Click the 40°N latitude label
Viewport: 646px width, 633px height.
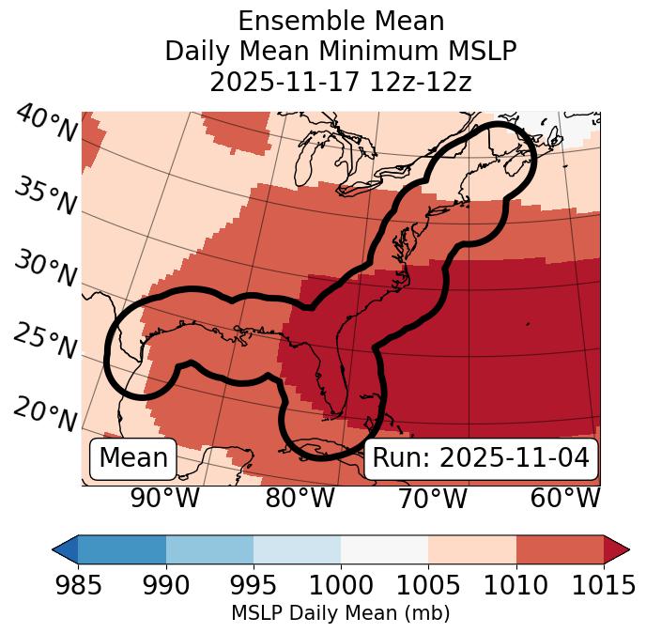click(x=46, y=124)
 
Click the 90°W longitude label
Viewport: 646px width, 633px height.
click(x=164, y=498)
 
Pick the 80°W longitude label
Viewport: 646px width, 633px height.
click(x=300, y=498)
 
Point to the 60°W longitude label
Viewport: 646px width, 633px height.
click(x=565, y=498)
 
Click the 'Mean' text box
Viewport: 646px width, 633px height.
click(x=133, y=458)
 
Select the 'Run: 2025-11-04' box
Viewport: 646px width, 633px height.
click(x=481, y=458)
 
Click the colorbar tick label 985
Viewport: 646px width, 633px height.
click(x=78, y=586)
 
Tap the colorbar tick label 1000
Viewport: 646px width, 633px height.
click(x=341, y=586)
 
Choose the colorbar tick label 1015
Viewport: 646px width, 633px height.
click(x=604, y=586)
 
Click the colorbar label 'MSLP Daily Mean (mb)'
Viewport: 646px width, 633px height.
click(x=341, y=614)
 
